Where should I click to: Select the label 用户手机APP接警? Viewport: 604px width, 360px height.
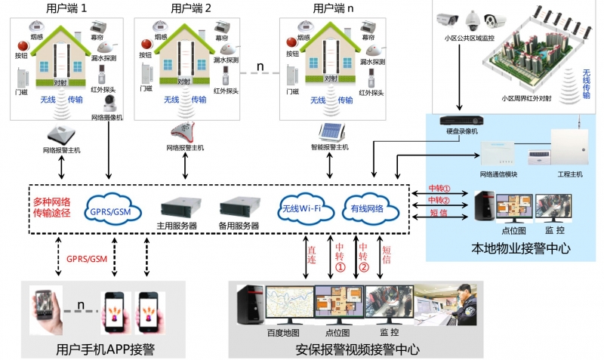point(105,349)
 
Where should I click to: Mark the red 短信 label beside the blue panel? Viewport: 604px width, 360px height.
point(439,213)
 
